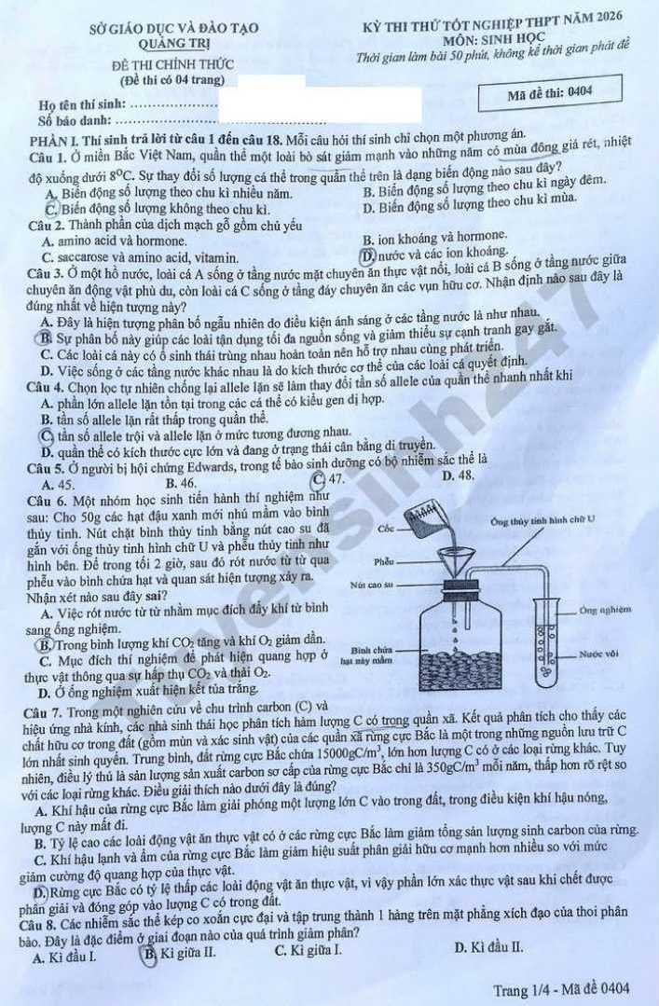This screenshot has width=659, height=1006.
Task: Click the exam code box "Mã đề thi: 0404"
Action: (551, 93)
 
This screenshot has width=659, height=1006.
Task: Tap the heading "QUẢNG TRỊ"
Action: (175, 44)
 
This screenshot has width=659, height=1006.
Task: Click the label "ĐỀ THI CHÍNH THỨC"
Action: (172, 65)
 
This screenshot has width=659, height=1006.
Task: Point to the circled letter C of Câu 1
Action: (51, 209)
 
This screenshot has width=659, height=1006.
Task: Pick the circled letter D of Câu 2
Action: (367, 256)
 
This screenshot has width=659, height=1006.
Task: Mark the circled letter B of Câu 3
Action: (46, 338)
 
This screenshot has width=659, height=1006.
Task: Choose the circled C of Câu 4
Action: (47, 436)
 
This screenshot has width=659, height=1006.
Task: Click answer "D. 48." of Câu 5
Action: (459, 475)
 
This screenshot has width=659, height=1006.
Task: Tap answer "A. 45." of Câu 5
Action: (58, 485)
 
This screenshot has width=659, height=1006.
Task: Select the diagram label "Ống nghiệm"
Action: (604, 610)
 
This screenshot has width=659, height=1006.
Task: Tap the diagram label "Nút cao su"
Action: (372, 586)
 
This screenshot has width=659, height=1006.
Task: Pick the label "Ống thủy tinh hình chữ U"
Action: (542, 521)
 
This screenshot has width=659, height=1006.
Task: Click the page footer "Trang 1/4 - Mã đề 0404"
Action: (561, 990)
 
